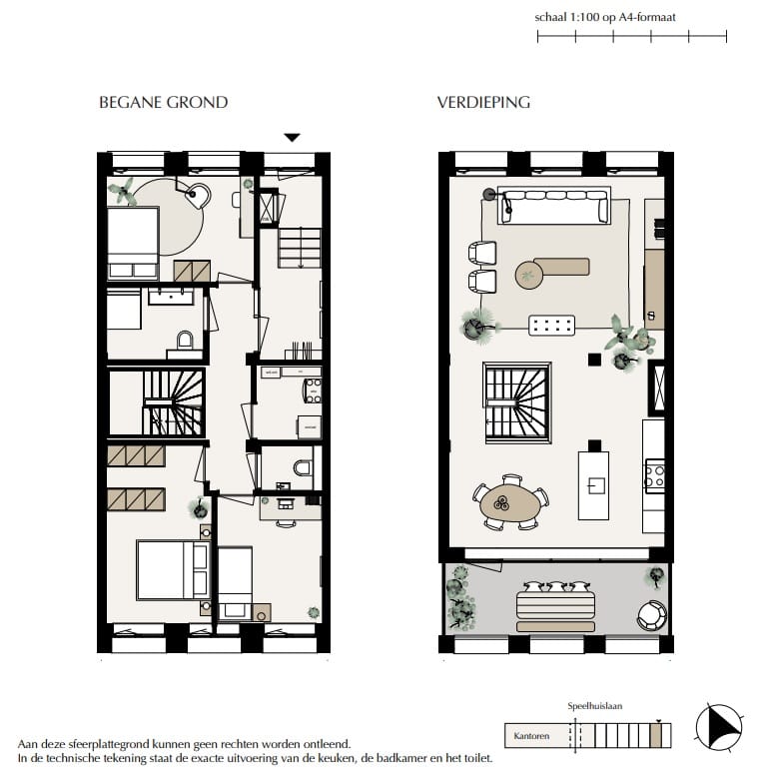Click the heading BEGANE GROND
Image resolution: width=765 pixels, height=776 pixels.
(163, 102)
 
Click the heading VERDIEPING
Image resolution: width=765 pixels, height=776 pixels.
(483, 102)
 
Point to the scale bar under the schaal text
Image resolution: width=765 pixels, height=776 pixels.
(631, 37)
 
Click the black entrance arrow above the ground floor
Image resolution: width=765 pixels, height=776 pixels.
(292, 138)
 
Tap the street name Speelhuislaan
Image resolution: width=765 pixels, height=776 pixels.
(595, 706)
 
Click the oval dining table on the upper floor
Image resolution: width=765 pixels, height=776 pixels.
(510, 506)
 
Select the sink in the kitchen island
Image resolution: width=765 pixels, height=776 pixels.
(593, 486)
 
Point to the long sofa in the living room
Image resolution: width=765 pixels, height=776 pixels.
(554, 206)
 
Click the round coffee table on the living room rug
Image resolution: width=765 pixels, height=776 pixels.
(528, 275)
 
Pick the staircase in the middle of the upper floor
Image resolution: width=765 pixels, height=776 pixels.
(516, 401)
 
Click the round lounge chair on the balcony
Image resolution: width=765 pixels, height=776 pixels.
(652, 614)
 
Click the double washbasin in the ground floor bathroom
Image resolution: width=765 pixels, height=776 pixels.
(177, 296)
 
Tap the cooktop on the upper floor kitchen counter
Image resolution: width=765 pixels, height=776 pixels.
(654, 473)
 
